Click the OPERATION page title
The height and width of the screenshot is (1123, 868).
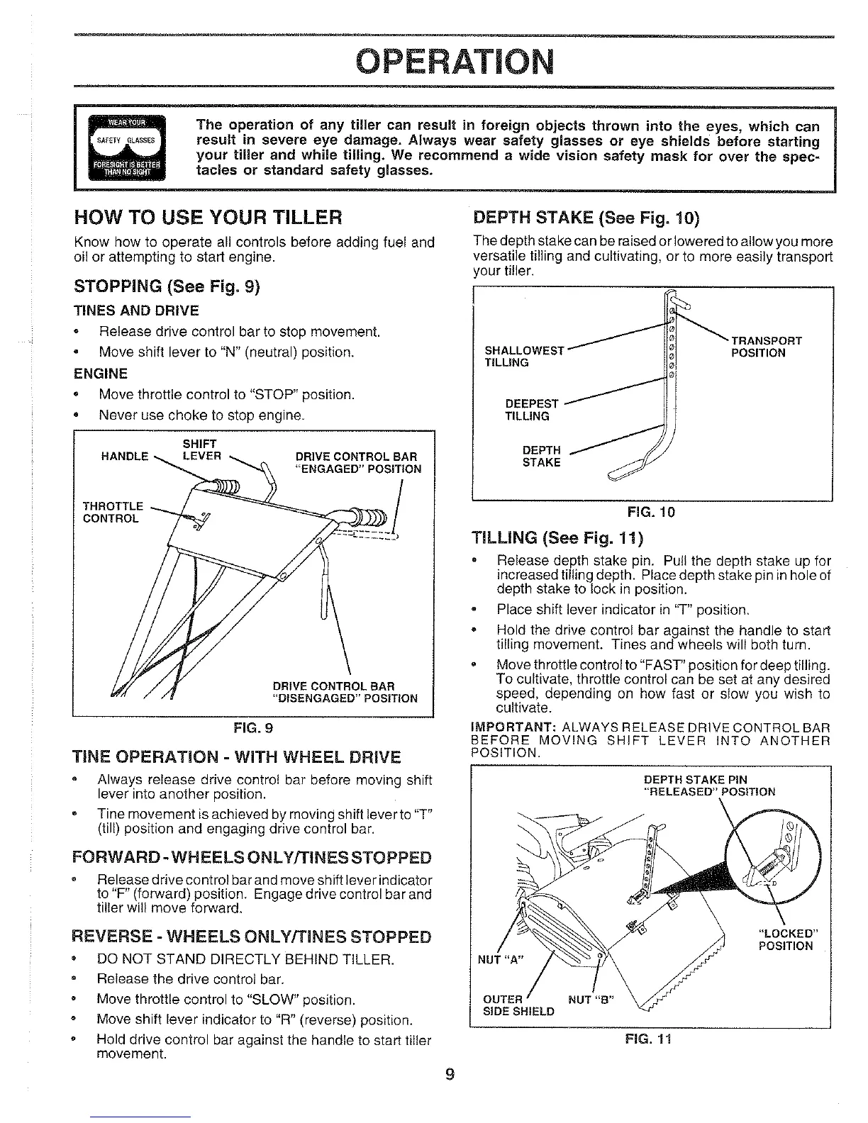[455, 62]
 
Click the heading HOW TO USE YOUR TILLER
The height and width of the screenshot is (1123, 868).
[208, 216]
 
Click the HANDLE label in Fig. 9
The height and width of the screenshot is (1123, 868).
[126, 456]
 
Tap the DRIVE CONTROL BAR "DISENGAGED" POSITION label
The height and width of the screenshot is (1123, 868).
[345, 692]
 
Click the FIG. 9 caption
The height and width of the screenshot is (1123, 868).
[253, 727]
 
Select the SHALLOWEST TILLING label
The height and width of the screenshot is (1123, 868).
[523, 356]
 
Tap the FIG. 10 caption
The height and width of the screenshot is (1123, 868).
[650, 512]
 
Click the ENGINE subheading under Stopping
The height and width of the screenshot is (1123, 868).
[101, 374]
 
